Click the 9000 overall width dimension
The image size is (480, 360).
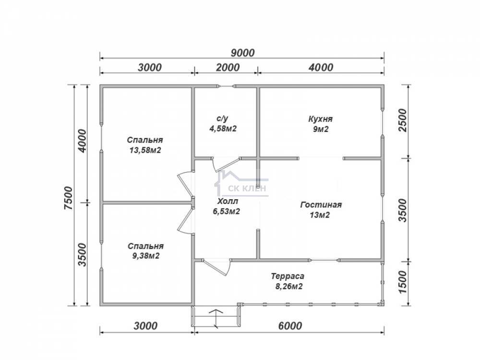click(242, 53)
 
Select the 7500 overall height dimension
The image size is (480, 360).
click(69, 198)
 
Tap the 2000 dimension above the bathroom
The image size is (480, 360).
click(228, 67)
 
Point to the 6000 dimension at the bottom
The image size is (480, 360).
click(290, 326)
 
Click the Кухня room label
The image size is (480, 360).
click(320, 119)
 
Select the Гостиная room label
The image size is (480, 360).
click(321, 204)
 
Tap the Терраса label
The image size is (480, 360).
click(288, 276)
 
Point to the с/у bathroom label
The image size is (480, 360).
click(222, 118)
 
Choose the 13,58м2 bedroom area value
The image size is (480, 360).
click(145, 150)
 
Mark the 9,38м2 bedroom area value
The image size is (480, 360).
click(146, 256)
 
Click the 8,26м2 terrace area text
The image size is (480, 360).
click(287, 287)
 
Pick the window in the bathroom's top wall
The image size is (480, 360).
click(227, 86)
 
